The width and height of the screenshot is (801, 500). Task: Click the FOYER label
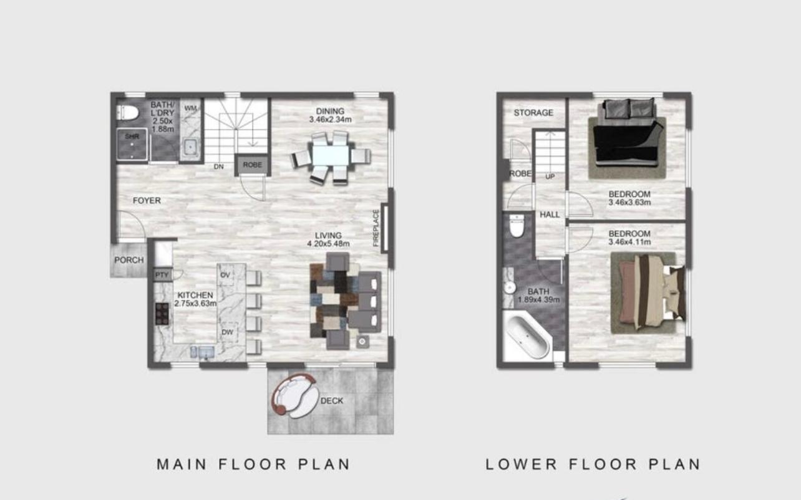pyautogui.click(x=147, y=201)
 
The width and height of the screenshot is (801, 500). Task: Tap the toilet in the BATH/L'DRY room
pyautogui.click(x=127, y=113)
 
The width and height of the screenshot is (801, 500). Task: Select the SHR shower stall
pyautogui.click(x=132, y=143)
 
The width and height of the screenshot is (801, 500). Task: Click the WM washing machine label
pyautogui.click(x=191, y=108)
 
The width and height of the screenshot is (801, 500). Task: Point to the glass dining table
pyautogui.click(x=331, y=156)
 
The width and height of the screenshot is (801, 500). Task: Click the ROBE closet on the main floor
pyautogui.click(x=253, y=165)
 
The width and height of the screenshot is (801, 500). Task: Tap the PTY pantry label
pyautogui.click(x=162, y=275)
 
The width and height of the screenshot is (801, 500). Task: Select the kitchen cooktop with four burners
pyautogui.click(x=162, y=314)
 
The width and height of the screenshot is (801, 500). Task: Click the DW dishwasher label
pyautogui.click(x=228, y=332)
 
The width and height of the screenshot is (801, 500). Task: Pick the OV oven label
pyautogui.click(x=225, y=275)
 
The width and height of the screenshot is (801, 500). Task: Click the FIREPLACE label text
pyautogui.click(x=376, y=228)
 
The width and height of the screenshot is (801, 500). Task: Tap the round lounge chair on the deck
pyautogui.click(x=294, y=396)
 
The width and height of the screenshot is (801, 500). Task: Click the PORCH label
pyautogui.click(x=129, y=260)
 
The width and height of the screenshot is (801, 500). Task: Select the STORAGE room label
pyautogui.click(x=533, y=113)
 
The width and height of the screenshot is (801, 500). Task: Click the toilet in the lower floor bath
pyautogui.click(x=517, y=226)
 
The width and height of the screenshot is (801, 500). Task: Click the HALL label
pyautogui.click(x=550, y=214)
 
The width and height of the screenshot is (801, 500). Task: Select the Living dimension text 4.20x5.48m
pyautogui.click(x=328, y=244)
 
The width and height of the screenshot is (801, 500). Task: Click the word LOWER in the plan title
pyautogui.click(x=521, y=464)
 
